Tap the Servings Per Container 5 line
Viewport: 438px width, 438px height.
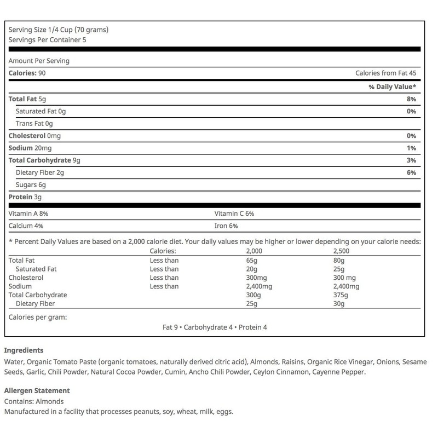(48, 40)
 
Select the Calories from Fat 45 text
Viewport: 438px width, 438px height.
(385, 73)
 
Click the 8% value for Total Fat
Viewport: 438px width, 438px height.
(411, 99)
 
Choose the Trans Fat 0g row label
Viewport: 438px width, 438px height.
(34, 124)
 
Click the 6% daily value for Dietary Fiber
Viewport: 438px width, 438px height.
(411, 173)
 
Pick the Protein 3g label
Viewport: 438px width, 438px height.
(25, 197)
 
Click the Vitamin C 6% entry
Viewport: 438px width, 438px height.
(234, 214)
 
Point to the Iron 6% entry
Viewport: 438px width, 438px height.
(226, 226)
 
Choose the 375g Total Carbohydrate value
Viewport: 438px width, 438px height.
(341, 295)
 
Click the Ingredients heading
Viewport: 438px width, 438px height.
(24, 350)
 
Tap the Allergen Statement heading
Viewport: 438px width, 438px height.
(37, 391)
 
